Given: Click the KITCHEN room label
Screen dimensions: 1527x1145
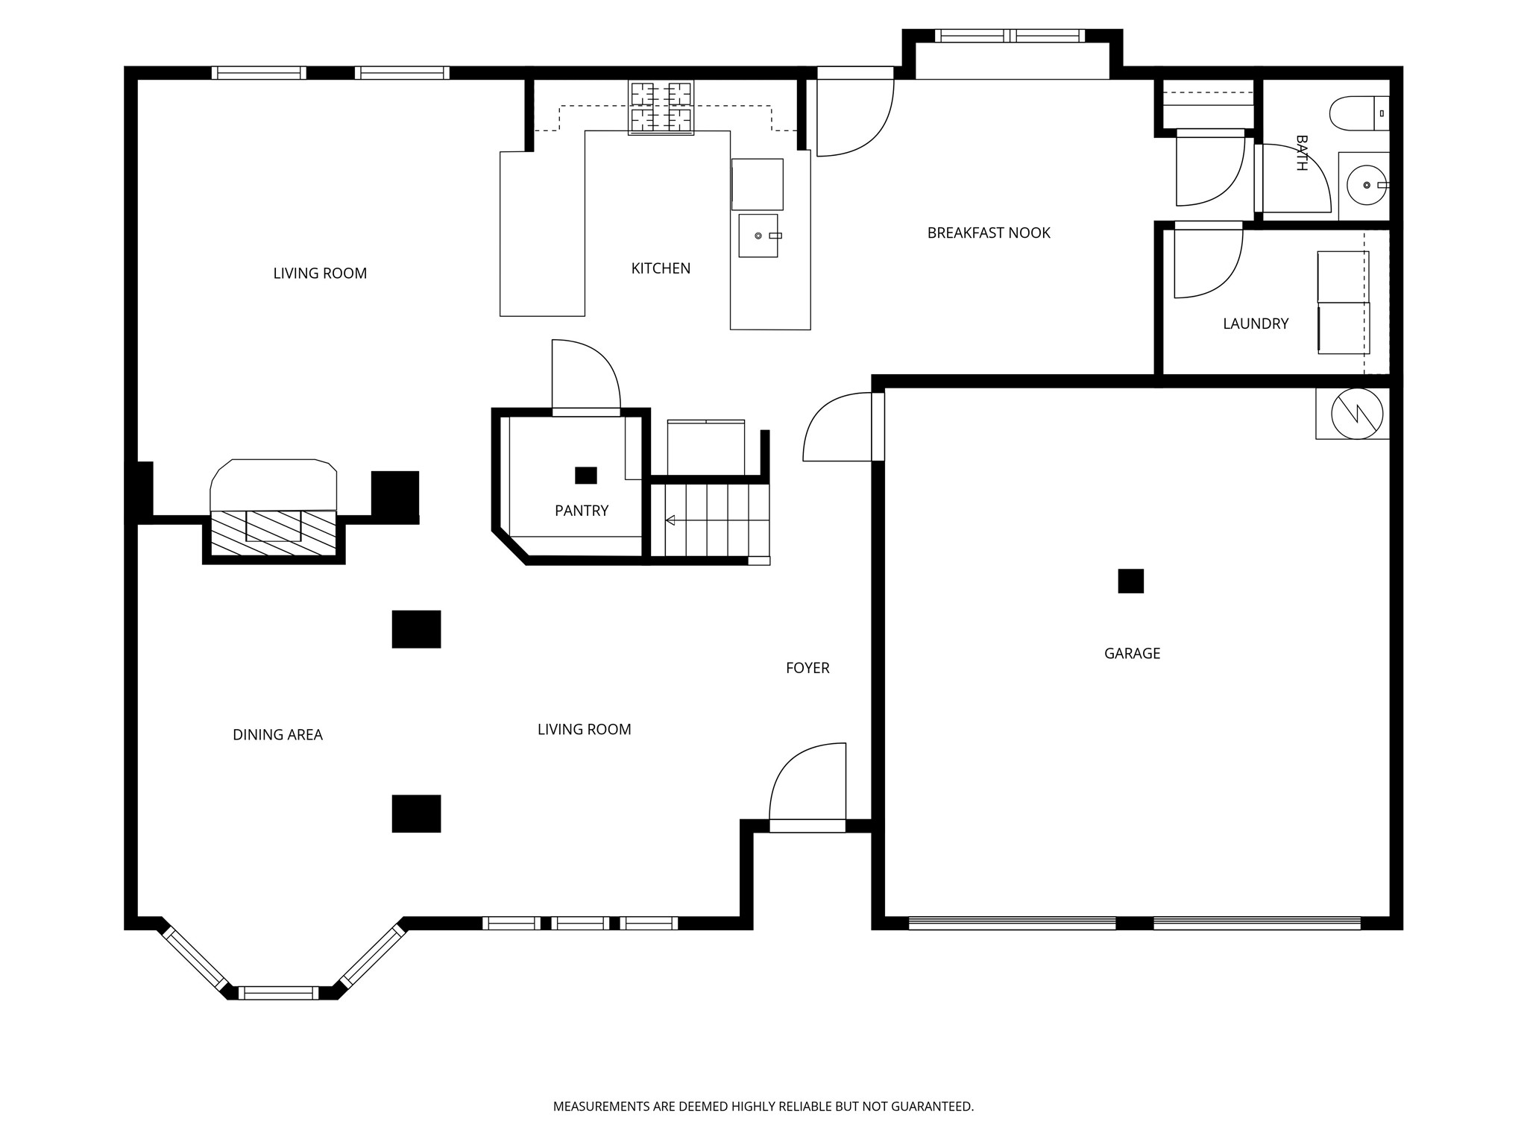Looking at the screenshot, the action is click(661, 268).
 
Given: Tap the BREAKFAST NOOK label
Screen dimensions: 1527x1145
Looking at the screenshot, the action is click(989, 233).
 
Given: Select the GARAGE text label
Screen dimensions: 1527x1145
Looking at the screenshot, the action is click(1132, 653).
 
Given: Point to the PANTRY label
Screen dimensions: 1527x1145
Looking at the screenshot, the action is click(582, 511).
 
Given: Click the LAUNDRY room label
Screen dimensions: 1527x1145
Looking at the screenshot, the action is click(1256, 324).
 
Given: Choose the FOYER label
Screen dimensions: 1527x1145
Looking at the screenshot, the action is click(807, 668).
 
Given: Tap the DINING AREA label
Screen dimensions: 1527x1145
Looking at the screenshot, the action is click(277, 735).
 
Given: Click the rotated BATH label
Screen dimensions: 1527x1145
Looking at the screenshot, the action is click(1302, 153).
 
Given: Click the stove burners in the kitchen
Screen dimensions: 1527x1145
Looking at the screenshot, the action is click(661, 107).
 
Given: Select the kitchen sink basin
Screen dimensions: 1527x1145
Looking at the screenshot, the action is click(758, 236).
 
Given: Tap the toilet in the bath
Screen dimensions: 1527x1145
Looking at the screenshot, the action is click(1359, 113).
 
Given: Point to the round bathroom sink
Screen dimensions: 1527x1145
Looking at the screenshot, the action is click(1367, 185).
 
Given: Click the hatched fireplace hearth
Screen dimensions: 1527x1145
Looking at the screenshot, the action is click(274, 533).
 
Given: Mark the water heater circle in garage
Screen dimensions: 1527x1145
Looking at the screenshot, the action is click(1357, 413).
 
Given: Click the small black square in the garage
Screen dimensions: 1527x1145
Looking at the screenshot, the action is click(1130, 581).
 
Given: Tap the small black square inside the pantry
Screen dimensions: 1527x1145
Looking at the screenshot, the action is click(586, 475).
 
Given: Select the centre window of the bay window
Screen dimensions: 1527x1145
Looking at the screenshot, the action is click(278, 993).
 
